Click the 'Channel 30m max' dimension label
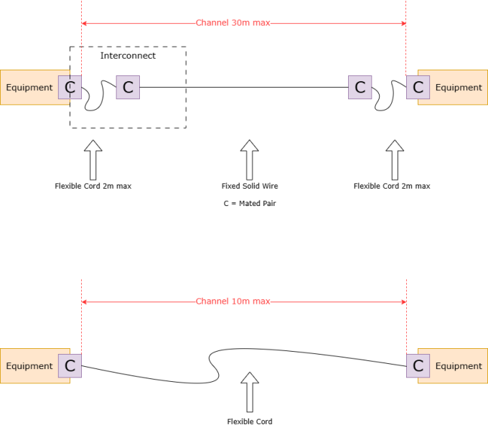click(233, 23)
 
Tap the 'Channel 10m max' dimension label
click(233, 302)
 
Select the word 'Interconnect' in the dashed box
click(128, 55)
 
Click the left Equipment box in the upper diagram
click(29, 88)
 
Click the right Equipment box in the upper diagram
click(459, 88)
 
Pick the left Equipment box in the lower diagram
click(29, 366)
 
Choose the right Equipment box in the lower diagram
click(459, 366)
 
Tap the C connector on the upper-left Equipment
click(70, 88)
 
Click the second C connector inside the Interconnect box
click(128, 88)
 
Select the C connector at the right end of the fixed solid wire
click(360, 88)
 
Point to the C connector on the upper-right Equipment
click(418, 88)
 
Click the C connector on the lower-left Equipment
click(70, 366)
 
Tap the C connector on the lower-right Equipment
click(418, 366)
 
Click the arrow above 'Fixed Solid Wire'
click(249, 159)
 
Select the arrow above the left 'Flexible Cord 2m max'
click(93, 159)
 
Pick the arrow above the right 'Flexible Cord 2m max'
click(394, 159)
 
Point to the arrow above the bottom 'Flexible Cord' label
click(249, 391)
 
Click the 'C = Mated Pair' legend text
click(249, 204)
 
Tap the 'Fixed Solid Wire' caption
click(249, 186)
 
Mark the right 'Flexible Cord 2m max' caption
click(392, 186)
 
